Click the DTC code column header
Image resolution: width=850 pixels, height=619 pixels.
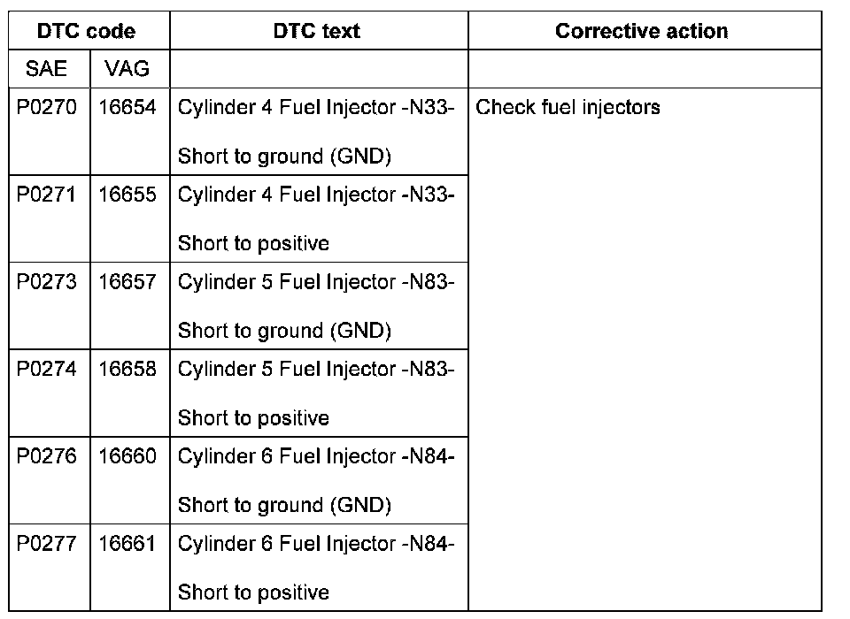pos(87,31)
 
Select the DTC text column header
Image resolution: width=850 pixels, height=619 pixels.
pos(317,31)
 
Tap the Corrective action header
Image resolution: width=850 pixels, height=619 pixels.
pos(641,31)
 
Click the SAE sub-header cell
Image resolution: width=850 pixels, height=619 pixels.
pos(46,69)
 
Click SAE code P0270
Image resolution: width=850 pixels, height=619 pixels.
pos(47,108)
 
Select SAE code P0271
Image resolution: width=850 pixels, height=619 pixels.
pos(47,195)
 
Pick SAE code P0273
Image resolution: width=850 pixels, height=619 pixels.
pos(47,282)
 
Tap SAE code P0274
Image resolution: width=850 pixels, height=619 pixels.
pos(47,369)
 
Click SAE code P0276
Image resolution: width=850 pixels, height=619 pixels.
pos(47,456)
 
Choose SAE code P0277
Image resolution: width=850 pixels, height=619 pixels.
pos(47,543)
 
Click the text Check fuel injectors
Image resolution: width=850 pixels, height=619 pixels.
pos(568,108)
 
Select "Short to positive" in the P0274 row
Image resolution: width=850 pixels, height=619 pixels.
pos(253,417)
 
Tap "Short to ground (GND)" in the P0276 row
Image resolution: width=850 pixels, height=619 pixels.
pos(284,505)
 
